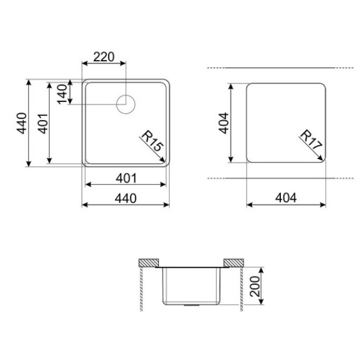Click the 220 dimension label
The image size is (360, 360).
104,57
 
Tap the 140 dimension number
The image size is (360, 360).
62,94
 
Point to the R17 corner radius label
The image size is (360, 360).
311,140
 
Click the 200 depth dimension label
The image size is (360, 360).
255,286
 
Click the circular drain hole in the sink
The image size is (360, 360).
126,104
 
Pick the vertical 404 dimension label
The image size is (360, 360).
224,123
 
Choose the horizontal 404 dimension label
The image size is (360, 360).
286,197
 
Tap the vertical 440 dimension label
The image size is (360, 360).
22,123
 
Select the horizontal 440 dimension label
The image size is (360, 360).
125,199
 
